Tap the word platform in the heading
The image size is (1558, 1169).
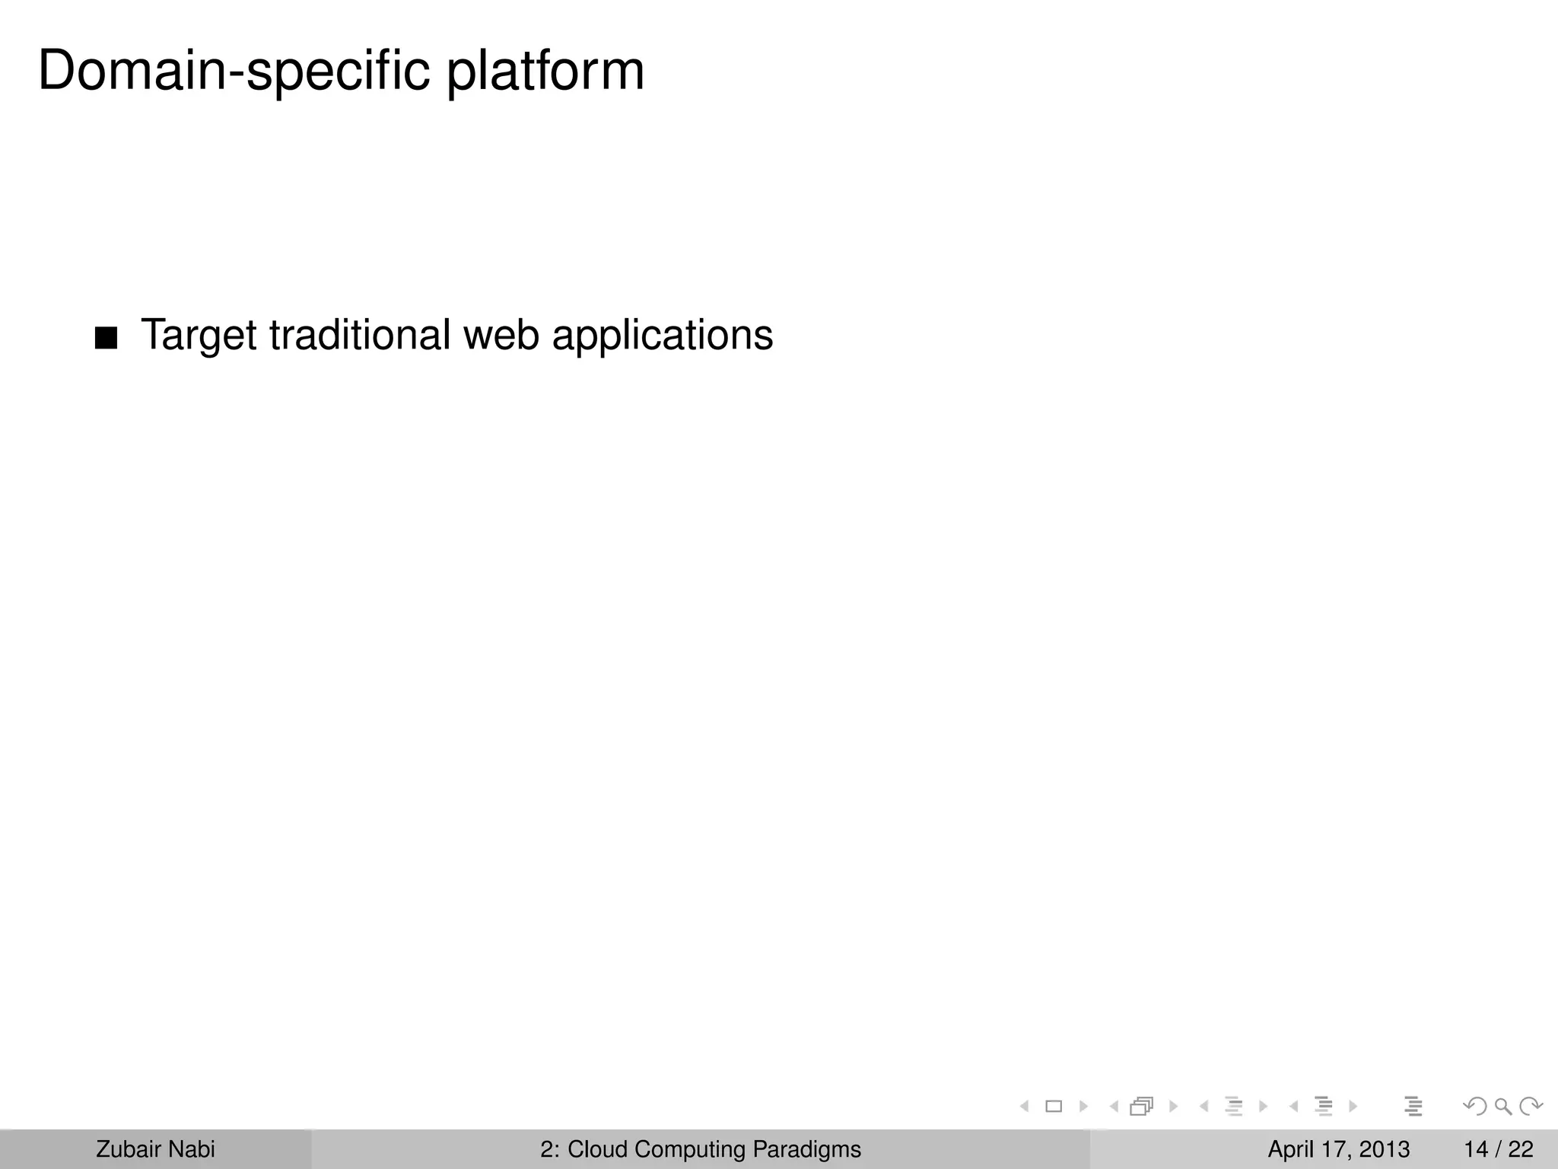pyautogui.click(x=545, y=72)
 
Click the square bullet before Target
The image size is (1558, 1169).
pyautogui.click(x=107, y=339)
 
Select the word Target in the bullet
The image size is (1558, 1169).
pyautogui.click(x=199, y=336)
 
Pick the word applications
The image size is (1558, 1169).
pyautogui.click(x=662, y=336)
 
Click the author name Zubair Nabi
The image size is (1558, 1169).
pyautogui.click(x=155, y=1149)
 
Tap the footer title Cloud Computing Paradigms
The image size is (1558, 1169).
pyautogui.click(x=714, y=1149)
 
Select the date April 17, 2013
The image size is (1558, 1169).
pyautogui.click(x=1338, y=1149)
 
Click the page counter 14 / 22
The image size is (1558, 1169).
pyautogui.click(x=1498, y=1149)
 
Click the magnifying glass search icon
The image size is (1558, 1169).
pyautogui.click(x=1502, y=1106)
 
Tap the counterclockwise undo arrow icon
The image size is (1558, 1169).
pyautogui.click(x=1475, y=1106)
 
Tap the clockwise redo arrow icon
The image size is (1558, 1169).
pyautogui.click(x=1530, y=1106)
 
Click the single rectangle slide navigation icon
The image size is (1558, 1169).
pyautogui.click(x=1054, y=1106)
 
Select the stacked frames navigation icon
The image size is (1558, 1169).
pyautogui.click(x=1142, y=1106)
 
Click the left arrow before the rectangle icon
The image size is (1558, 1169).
pyautogui.click(x=1025, y=1106)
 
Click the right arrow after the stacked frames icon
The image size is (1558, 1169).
pyautogui.click(x=1173, y=1106)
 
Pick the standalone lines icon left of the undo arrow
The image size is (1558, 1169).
pyautogui.click(x=1413, y=1106)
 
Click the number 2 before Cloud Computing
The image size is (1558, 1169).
pyautogui.click(x=545, y=1149)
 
